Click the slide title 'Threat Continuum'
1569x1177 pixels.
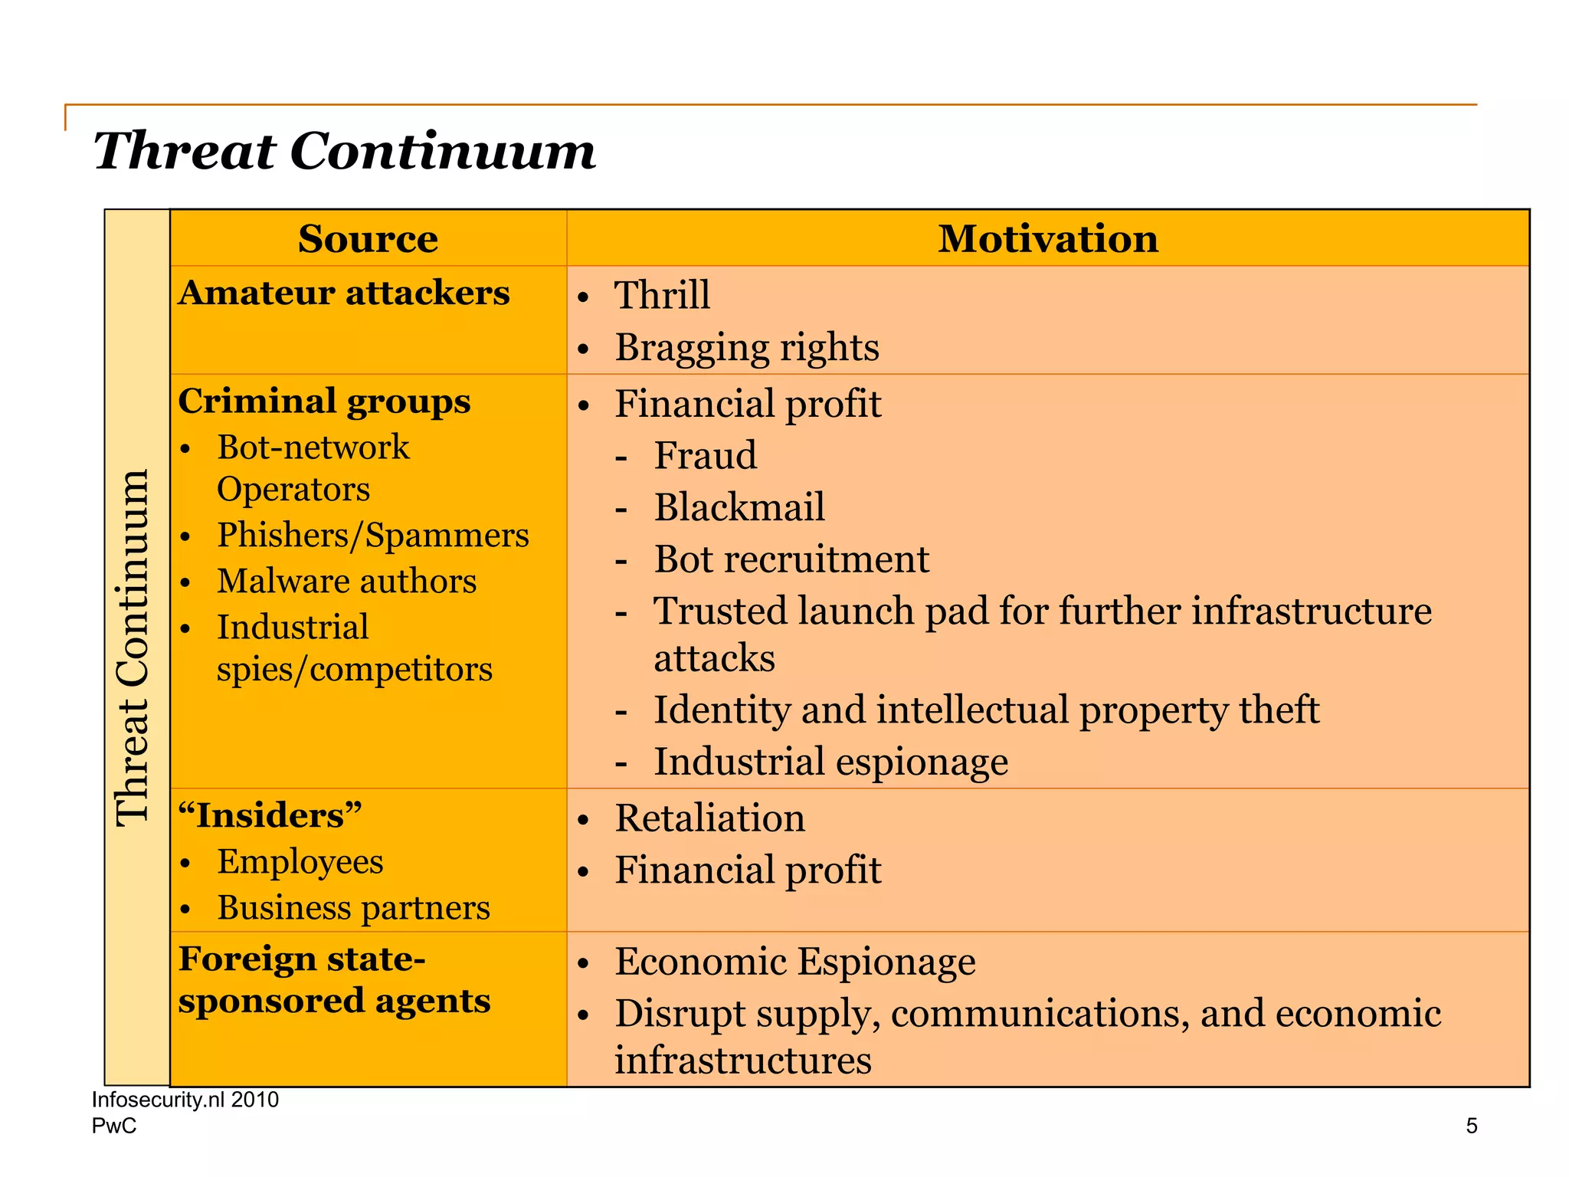pyautogui.click(x=344, y=150)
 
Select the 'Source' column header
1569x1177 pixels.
pyautogui.click(x=368, y=239)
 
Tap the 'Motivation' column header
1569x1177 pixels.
pyautogui.click(x=1047, y=239)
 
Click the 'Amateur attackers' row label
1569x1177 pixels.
pyautogui.click(x=344, y=293)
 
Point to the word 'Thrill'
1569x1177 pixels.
pyautogui.click(x=662, y=295)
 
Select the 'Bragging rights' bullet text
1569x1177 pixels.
pyautogui.click(x=747, y=347)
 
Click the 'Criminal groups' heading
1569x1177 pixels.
pyautogui.click(x=324, y=402)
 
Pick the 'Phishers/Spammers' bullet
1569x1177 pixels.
pyautogui.click(x=372, y=535)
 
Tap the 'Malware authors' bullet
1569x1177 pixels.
pyautogui.click(x=346, y=581)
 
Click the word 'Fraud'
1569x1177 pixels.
pyautogui.click(x=705, y=455)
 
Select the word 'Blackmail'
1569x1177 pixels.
pyautogui.click(x=739, y=507)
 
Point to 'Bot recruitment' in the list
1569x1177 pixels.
pyautogui.click(x=791, y=559)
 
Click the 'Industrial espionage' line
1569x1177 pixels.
pyautogui.click(x=830, y=762)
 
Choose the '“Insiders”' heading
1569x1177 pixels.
pyautogui.click(x=270, y=815)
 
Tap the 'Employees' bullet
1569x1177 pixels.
pyautogui.click(x=300, y=861)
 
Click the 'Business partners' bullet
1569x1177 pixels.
pyautogui.click(x=353, y=908)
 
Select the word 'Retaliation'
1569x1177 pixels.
pyautogui.click(x=709, y=818)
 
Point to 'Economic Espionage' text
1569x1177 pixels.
pyautogui.click(x=794, y=962)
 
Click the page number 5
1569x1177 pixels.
pyautogui.click(x=1471, y=1126)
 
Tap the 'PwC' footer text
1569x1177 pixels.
pyautogui.click(x=114, y=1126)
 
